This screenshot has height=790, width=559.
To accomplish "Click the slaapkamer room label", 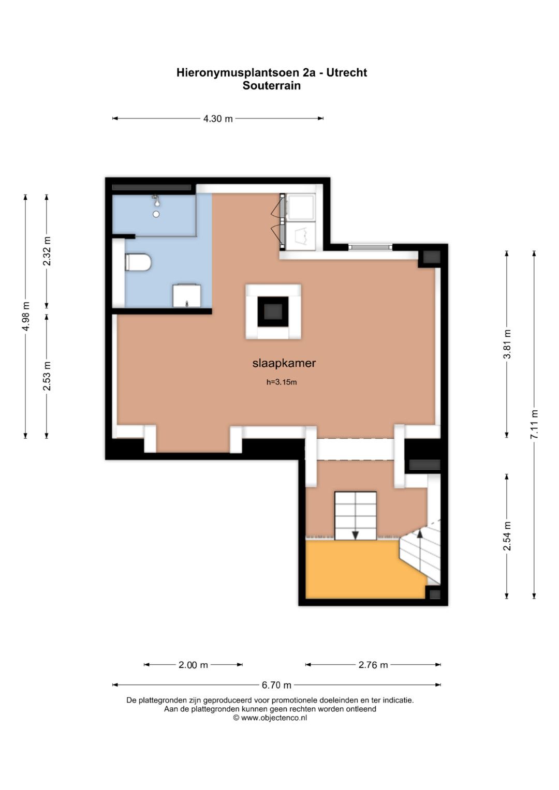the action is pos(284,363).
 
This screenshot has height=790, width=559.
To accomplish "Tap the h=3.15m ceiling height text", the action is pos(282,382).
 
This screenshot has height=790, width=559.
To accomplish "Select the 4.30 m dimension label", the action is pos(218,118).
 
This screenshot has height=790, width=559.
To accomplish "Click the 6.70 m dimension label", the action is pos(276,685).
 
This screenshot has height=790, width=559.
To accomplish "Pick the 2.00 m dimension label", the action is pos(193,665).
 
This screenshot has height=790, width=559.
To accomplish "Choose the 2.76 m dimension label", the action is pos(373,665).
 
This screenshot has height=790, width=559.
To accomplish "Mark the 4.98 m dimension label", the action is pos(26,317).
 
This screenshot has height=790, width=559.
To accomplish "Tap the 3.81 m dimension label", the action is pos(507,344).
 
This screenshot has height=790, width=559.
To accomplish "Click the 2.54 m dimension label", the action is pos(507,536).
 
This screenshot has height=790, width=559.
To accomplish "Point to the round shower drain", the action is pos(156,214).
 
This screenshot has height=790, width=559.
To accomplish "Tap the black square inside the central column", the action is pos(273,312).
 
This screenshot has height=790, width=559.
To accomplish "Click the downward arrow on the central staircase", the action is pos(356,535).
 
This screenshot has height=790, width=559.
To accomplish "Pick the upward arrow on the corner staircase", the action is pos(420,533).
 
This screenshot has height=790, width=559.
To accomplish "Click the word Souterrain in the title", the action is pos(271,86).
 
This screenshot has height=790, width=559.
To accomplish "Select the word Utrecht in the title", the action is pos(346,72).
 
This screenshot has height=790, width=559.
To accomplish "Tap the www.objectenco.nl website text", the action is pos(274,718).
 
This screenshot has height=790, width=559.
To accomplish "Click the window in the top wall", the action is pos(370,247).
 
